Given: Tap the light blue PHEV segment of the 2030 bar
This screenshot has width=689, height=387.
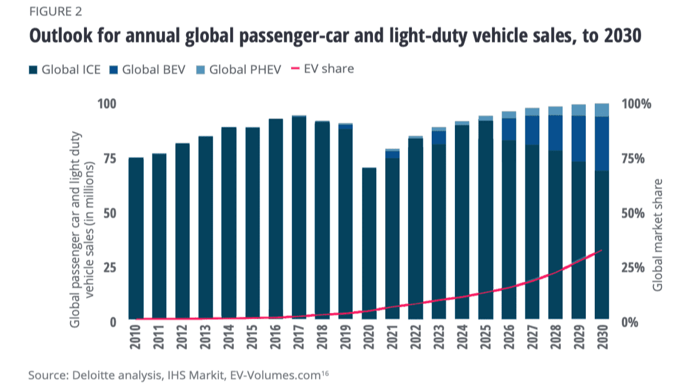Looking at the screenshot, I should pyautogui.click(x=602, y=110).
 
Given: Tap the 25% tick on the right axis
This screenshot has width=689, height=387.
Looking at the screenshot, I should pyautogui.click(x=633, y=267).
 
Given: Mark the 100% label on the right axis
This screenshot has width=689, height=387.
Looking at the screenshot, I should pyautogui.click(x=635, y=104).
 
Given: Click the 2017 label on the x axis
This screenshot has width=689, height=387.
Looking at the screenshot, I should pyautogui.click(x=299, y=339).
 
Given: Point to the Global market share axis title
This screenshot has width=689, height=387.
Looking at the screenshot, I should pyautogui.click(x=657, y=235).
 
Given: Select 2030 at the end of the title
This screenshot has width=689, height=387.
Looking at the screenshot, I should pyautogui.click(x=622, y=35).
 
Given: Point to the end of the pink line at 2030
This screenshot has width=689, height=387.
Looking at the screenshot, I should pyautogui.click(x=602, y=250).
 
